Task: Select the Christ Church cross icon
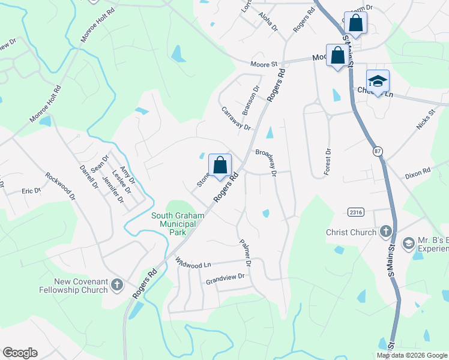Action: pos(385,232)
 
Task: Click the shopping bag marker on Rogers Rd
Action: pos(220,166)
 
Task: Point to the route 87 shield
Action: pos(377,151)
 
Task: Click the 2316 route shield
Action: pos(356,212)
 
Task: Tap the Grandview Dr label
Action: pos(226,277)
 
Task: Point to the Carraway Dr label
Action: pos(236,118)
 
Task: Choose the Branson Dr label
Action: pos(250,100)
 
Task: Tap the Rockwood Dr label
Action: pos(60,186)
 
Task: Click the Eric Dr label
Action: pos(31,191)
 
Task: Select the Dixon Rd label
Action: pos(418,172)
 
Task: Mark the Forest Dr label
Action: pos(327,162)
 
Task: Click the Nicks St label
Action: pos(426,119)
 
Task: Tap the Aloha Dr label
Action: pos(268,23)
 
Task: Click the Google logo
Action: pos(20,353)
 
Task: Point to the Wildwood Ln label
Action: pos(193,263)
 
